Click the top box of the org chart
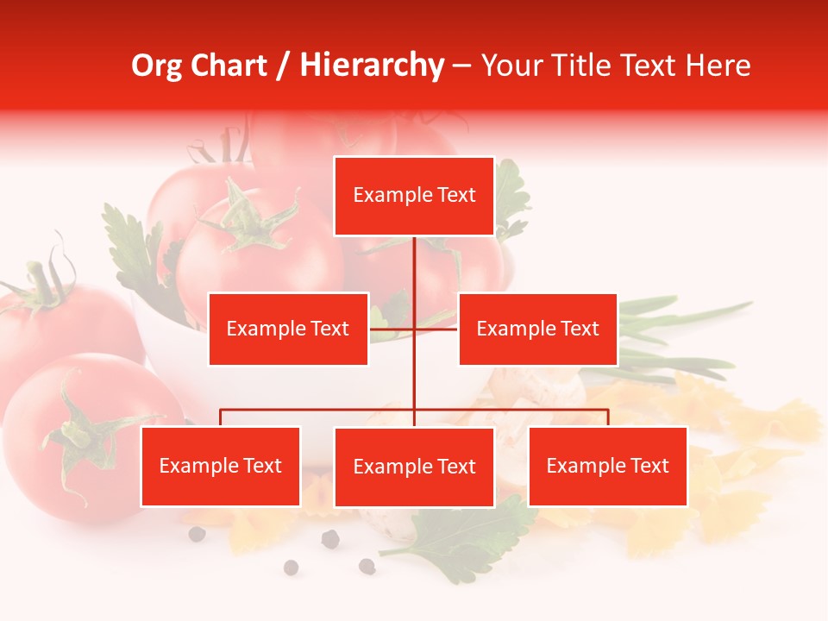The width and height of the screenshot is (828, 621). click(x=414, y=196)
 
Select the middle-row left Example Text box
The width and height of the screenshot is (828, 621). click(x=288, y=329)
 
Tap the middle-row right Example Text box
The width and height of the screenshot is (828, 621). click(x=537, y=329)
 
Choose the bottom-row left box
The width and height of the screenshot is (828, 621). click(x=221, y=466)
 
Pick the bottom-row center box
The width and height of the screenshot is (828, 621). click(x=414, y=467)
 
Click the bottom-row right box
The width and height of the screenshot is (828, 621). click(x=607, y=466)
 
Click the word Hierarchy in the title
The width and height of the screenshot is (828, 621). click(x=372, y=66)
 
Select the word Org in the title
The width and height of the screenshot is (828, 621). click(x=157, y=66)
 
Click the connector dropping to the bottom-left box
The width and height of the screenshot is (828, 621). click(x=221, y=417)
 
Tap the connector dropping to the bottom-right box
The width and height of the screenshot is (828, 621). click(x=607, y=417)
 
